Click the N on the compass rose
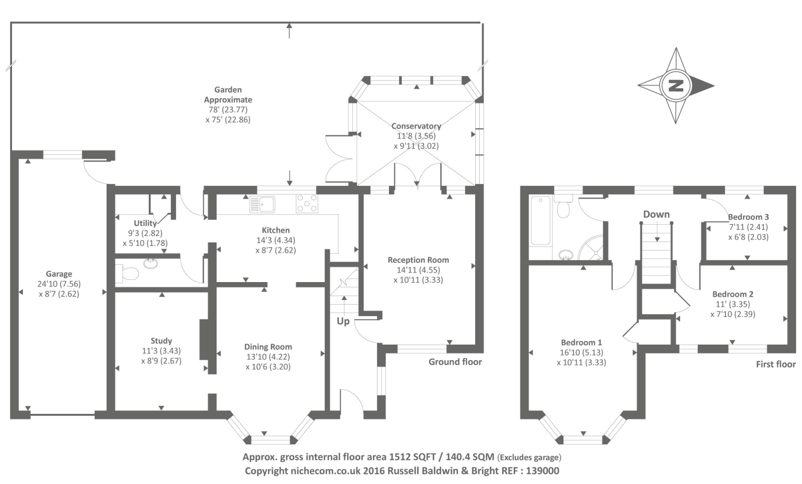(x=676, y=86)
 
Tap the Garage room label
(x=59, y=274)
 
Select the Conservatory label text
(x=416, y=126)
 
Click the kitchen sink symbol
(x=262, y=204)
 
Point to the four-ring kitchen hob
(x=307, y=203)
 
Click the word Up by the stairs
(x=343, y=321)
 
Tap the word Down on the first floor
(x=656, y=214)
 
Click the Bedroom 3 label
(x=748, y=217)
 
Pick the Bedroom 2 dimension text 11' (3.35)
(x=732, y=304)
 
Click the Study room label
(x=161, y=341)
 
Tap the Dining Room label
(x=268, y=347)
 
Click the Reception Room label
(x=418, y=260)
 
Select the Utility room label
(x=145, y=223)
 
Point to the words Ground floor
(x=455, y=362)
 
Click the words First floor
(x=775, y=364)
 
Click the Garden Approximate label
(x=228, y=95)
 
